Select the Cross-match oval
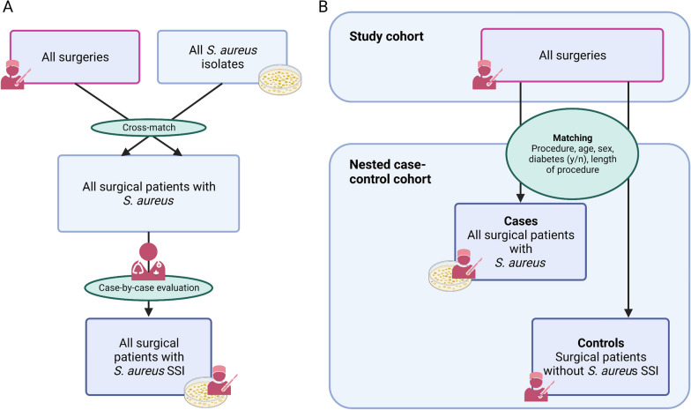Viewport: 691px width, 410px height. pyautogui.click(x=147, y=126)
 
